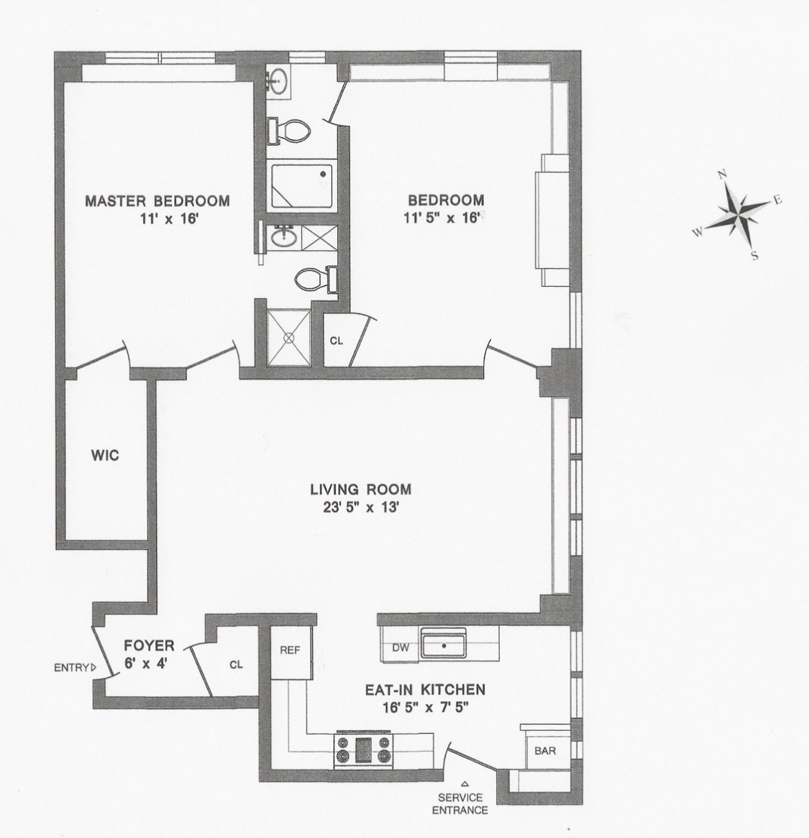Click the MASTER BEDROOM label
tap(157, 201)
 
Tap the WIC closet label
tap(104, 456)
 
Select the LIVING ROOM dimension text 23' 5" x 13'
tap(360, 507)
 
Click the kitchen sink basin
tap(443, 645)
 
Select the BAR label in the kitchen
tap(544, 752)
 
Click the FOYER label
tap(149, 645)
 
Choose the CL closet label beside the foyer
tap(236, 665)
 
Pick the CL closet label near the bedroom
tap(336, 341)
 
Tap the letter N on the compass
tap(723, 175)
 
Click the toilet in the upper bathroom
tap(292, 130)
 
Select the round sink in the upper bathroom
tap(277, 82)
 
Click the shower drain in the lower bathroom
tap(291, 336)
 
